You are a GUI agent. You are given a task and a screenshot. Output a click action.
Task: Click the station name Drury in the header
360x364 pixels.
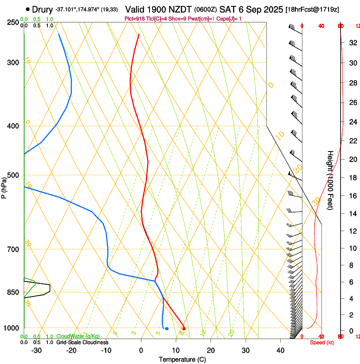pyautogui.click(x=42, y=9)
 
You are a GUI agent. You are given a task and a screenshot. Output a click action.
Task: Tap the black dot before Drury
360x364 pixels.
pyautogui.click(x=28, y=9)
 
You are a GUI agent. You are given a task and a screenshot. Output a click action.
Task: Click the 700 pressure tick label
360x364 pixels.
pyautogui.click(x=14, y=249)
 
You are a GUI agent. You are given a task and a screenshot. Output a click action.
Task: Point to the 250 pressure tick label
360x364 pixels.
pyautogui.click(x=14, y=22)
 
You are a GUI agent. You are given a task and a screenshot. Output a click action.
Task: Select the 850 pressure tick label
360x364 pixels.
pyautogui.click(x=14, y=292)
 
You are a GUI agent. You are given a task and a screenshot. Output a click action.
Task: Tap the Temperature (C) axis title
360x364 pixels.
pyautogui.click(x=182, y=359)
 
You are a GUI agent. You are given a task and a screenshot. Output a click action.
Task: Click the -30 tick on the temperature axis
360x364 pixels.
pyautogui.click(x=36, y=350)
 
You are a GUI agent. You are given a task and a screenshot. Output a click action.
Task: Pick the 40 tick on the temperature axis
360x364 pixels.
pyautogui.click(x=280, y=350)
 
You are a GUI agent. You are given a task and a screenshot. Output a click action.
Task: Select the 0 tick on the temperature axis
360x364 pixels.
pyautogui.click(x=141, y=350)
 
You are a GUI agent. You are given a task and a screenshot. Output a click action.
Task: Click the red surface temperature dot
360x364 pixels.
pyautogui.click(x=184, y=328)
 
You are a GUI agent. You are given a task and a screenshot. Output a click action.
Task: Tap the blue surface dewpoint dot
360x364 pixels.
pyautogui.click(x=167, y=328)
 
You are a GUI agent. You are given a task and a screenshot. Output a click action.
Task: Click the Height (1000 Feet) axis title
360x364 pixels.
pyautogui.click(x=330, y=180)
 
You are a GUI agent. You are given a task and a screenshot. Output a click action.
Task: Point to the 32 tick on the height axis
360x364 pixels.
pyautogui.click(x=352, y=42)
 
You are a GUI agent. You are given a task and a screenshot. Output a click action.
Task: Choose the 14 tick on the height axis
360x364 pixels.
pyautogui.click(x=352, y=214)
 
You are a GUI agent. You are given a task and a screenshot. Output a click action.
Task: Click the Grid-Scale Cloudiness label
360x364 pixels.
pyautogui.click(x=82, y=342)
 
